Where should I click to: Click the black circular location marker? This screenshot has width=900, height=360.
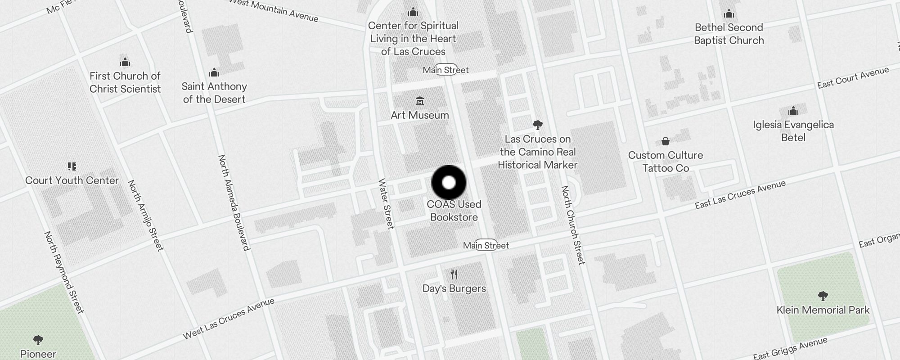[x=449, y=182]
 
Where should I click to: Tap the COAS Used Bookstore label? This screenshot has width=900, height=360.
[x=454, y=211]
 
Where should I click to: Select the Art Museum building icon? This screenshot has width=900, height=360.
[x=420, y=100]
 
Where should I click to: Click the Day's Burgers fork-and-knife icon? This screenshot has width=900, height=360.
[x=454, y=274]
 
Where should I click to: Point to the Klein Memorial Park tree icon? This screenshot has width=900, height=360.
[x=823, y=296]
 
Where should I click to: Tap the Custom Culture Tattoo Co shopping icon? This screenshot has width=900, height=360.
[x=665, y=142]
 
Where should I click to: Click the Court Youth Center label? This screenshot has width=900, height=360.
[x=72, y=180]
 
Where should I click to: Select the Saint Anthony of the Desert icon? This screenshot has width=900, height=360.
[x=214, y=72]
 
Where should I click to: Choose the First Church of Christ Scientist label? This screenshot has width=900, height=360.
[x=125, y=82]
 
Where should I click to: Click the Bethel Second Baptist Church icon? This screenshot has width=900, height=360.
[x=729, y=14]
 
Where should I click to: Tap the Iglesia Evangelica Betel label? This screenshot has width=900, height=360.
[x=793, y=131]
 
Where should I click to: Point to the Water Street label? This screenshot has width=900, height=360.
[x=386, y=203]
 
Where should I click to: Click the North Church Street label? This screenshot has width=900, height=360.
[x=572, y=225]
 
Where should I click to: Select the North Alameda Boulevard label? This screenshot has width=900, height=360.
[x=234, y=202]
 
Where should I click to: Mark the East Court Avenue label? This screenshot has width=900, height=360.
[x=853, y=77]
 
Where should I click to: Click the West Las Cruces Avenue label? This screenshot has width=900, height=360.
[x=229, y=319]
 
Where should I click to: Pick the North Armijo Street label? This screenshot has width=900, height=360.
[x=145, y=215]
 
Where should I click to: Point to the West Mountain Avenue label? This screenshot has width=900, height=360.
[x=274, y=10]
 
